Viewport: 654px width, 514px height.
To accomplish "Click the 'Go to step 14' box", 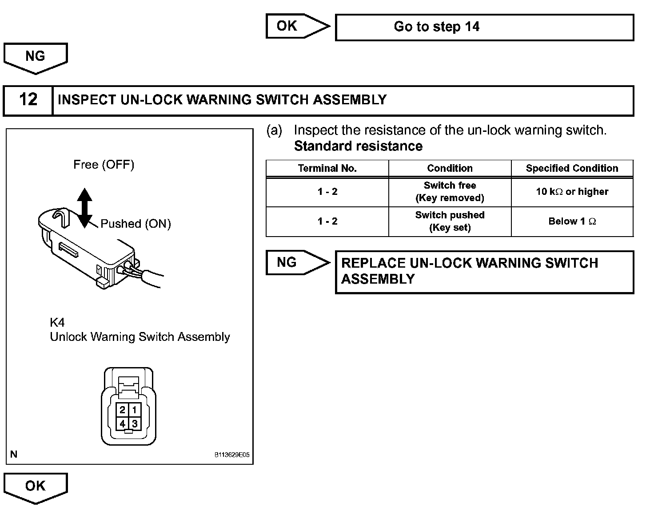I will click(484, 27).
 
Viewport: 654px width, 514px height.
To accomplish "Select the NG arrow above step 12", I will click(36, 58).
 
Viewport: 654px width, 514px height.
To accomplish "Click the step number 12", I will click(28, 100).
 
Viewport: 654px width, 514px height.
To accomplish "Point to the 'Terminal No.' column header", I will click(327, 169).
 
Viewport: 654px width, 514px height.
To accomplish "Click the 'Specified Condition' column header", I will click(572, 169).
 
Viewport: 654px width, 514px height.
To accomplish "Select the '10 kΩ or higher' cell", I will click(572, 192).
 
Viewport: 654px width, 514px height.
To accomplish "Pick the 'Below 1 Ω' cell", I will click(572, 221).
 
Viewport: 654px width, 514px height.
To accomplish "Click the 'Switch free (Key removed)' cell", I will click(450, 192).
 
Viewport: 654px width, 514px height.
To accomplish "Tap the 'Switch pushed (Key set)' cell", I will click(450, 221).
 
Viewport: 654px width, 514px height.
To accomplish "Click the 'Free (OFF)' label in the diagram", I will click(104, 165).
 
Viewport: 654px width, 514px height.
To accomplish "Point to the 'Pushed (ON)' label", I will click(136, 224).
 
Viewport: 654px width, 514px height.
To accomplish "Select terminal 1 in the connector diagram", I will click(134, 410).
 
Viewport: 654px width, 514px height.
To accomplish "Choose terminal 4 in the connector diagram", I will click(122, 423).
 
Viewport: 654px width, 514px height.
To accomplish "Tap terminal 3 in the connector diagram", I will click(134, 423).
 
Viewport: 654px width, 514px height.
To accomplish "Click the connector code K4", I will click(57, 322).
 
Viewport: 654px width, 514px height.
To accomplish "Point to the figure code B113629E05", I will click(232, 455).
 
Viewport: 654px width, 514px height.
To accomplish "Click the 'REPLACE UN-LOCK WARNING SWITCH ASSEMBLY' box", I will click(484, 272).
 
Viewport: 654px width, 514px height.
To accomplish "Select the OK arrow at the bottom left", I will click(36, 487).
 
